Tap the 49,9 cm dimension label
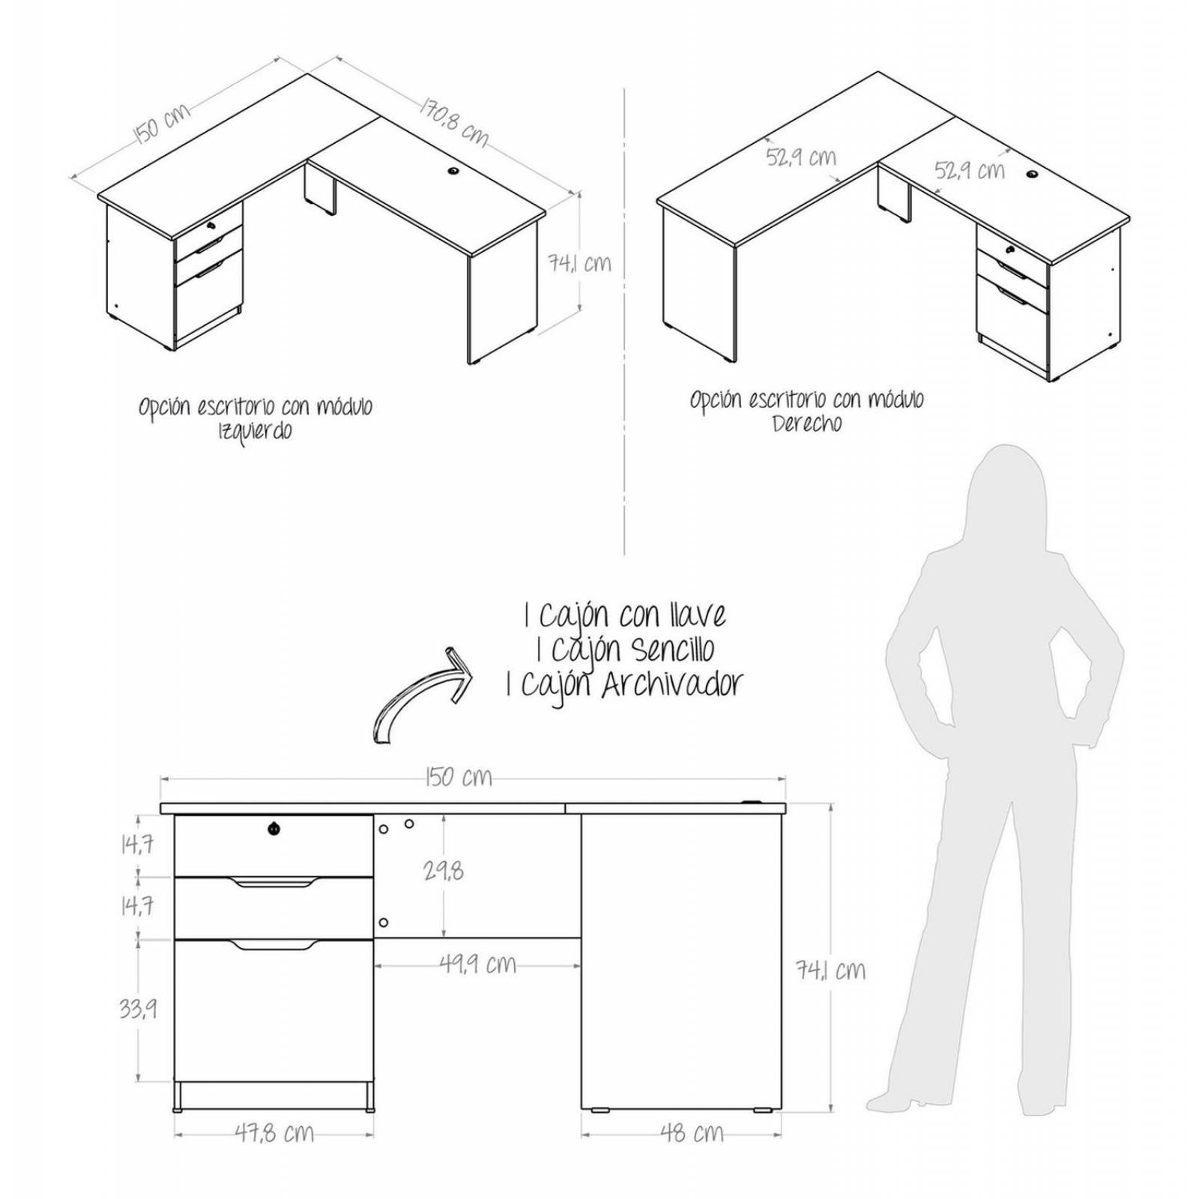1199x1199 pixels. [478, 964]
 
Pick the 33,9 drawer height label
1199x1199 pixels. [138, 1009]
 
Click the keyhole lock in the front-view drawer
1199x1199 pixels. [274, 828]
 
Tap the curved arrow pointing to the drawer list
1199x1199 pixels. [420, 693]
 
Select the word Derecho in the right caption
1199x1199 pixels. [807, 424]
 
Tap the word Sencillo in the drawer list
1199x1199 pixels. [672, 650]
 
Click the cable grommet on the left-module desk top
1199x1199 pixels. [454, 172]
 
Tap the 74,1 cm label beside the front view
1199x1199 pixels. [830, 971]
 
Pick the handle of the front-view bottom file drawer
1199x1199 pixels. [274, 945]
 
